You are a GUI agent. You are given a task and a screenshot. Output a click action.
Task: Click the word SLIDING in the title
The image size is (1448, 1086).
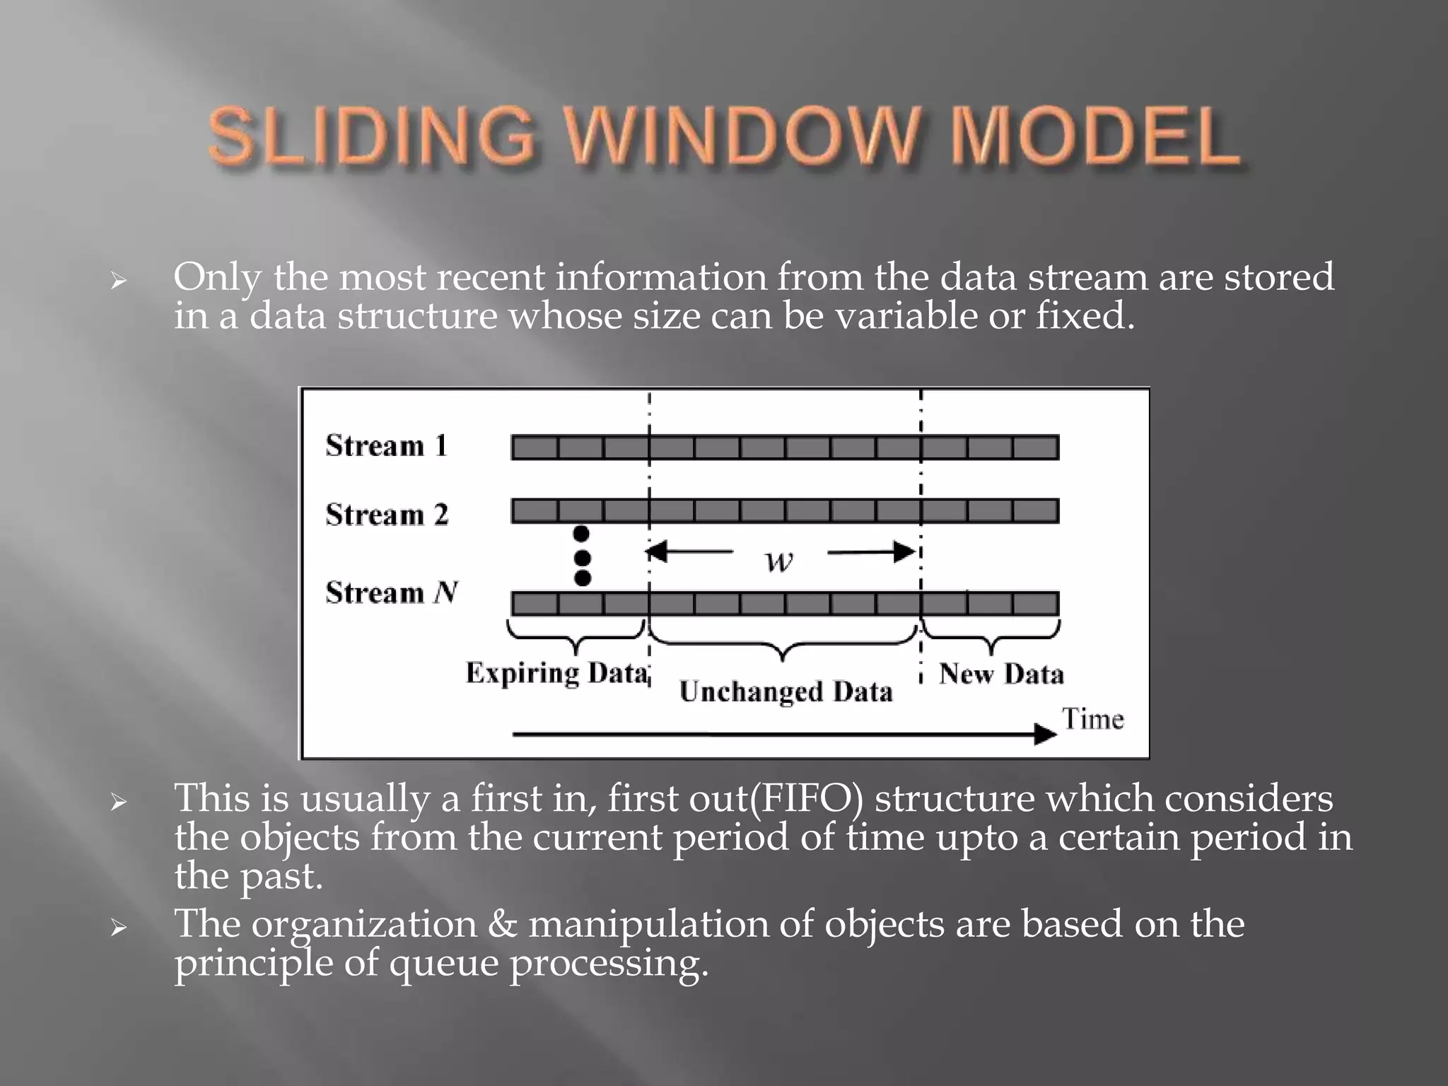click(372, 136)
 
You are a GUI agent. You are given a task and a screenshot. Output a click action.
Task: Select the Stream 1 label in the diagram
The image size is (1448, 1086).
click(387, 446)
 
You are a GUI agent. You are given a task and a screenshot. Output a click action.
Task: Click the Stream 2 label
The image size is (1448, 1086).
click(387, 514)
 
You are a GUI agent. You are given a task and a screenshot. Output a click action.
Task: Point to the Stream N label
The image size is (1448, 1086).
click(392, 592)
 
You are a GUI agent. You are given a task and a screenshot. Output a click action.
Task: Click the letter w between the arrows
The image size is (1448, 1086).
click(779, 561)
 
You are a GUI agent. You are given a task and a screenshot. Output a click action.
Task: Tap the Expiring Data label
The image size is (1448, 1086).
click(556, 672)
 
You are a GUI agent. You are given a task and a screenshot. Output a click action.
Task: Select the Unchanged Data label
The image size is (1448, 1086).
click(786, 691)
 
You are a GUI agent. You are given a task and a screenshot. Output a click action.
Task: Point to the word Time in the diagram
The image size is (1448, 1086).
click(1092, 719)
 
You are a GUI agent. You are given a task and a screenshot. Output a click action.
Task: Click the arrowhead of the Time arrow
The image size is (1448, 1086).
click(1045, 735)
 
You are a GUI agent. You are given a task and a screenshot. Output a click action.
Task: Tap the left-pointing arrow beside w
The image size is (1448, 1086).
click(689, 551)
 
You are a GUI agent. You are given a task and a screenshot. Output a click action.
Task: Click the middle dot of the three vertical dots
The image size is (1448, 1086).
click(582, 557)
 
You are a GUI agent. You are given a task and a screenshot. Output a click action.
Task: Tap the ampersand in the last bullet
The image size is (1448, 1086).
click(502, 925)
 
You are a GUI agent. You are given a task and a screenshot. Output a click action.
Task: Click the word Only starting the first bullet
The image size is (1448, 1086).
click(217, 277)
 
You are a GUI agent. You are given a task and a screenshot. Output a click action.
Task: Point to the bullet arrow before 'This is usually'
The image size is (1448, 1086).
click(118, 802)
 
